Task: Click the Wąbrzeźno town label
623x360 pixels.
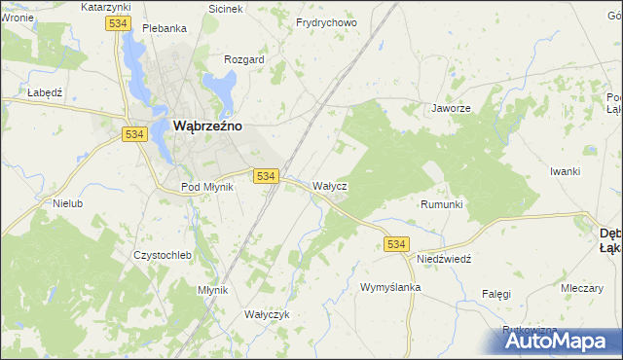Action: click(207, 126)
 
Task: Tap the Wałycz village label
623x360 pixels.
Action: click(329, 185)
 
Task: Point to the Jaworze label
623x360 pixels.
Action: click(452, 109)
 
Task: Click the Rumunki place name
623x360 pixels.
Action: click(441, 204)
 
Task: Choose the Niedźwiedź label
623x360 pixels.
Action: click(444, 260)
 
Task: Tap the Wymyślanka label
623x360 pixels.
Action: click(389, 288)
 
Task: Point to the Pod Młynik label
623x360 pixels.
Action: click(207, 187)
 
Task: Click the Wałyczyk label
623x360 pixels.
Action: click(268, 314)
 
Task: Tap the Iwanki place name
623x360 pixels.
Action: click(565, 171)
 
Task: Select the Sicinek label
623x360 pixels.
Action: click(226, 8)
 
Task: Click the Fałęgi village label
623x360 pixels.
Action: click(495, 293)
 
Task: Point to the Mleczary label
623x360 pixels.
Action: click(581, 288)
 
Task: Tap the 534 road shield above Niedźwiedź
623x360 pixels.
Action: click(395, 243)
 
